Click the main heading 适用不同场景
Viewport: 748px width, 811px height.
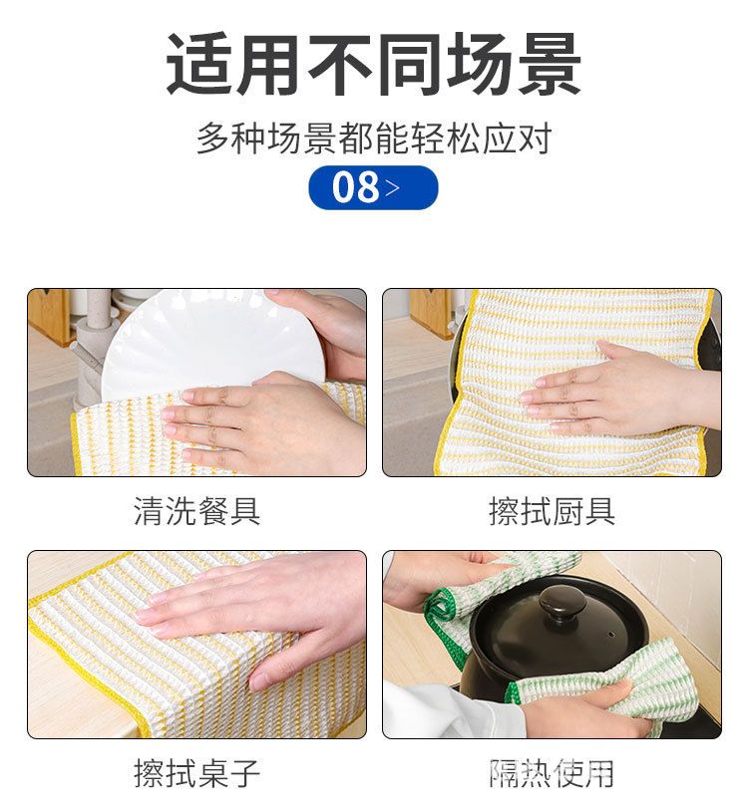pos(374,65)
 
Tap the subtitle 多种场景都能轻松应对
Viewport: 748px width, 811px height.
pos(374,138)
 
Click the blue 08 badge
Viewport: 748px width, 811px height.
pos(373,187)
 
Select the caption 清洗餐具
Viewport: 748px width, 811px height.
pos(196,511)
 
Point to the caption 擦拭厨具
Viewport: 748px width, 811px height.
pos(552,511)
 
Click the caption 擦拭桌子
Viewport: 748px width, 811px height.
pos(196,773)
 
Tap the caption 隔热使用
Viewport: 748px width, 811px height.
pos(552,773)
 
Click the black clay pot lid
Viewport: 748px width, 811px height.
pos(561,629)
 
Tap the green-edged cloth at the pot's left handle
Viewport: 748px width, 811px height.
pos(466,600)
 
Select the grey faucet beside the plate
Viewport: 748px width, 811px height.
pos(92,347)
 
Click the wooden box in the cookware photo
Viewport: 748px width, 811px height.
pos(431,314)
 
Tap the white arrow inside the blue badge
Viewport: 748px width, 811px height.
pos(393,187)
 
